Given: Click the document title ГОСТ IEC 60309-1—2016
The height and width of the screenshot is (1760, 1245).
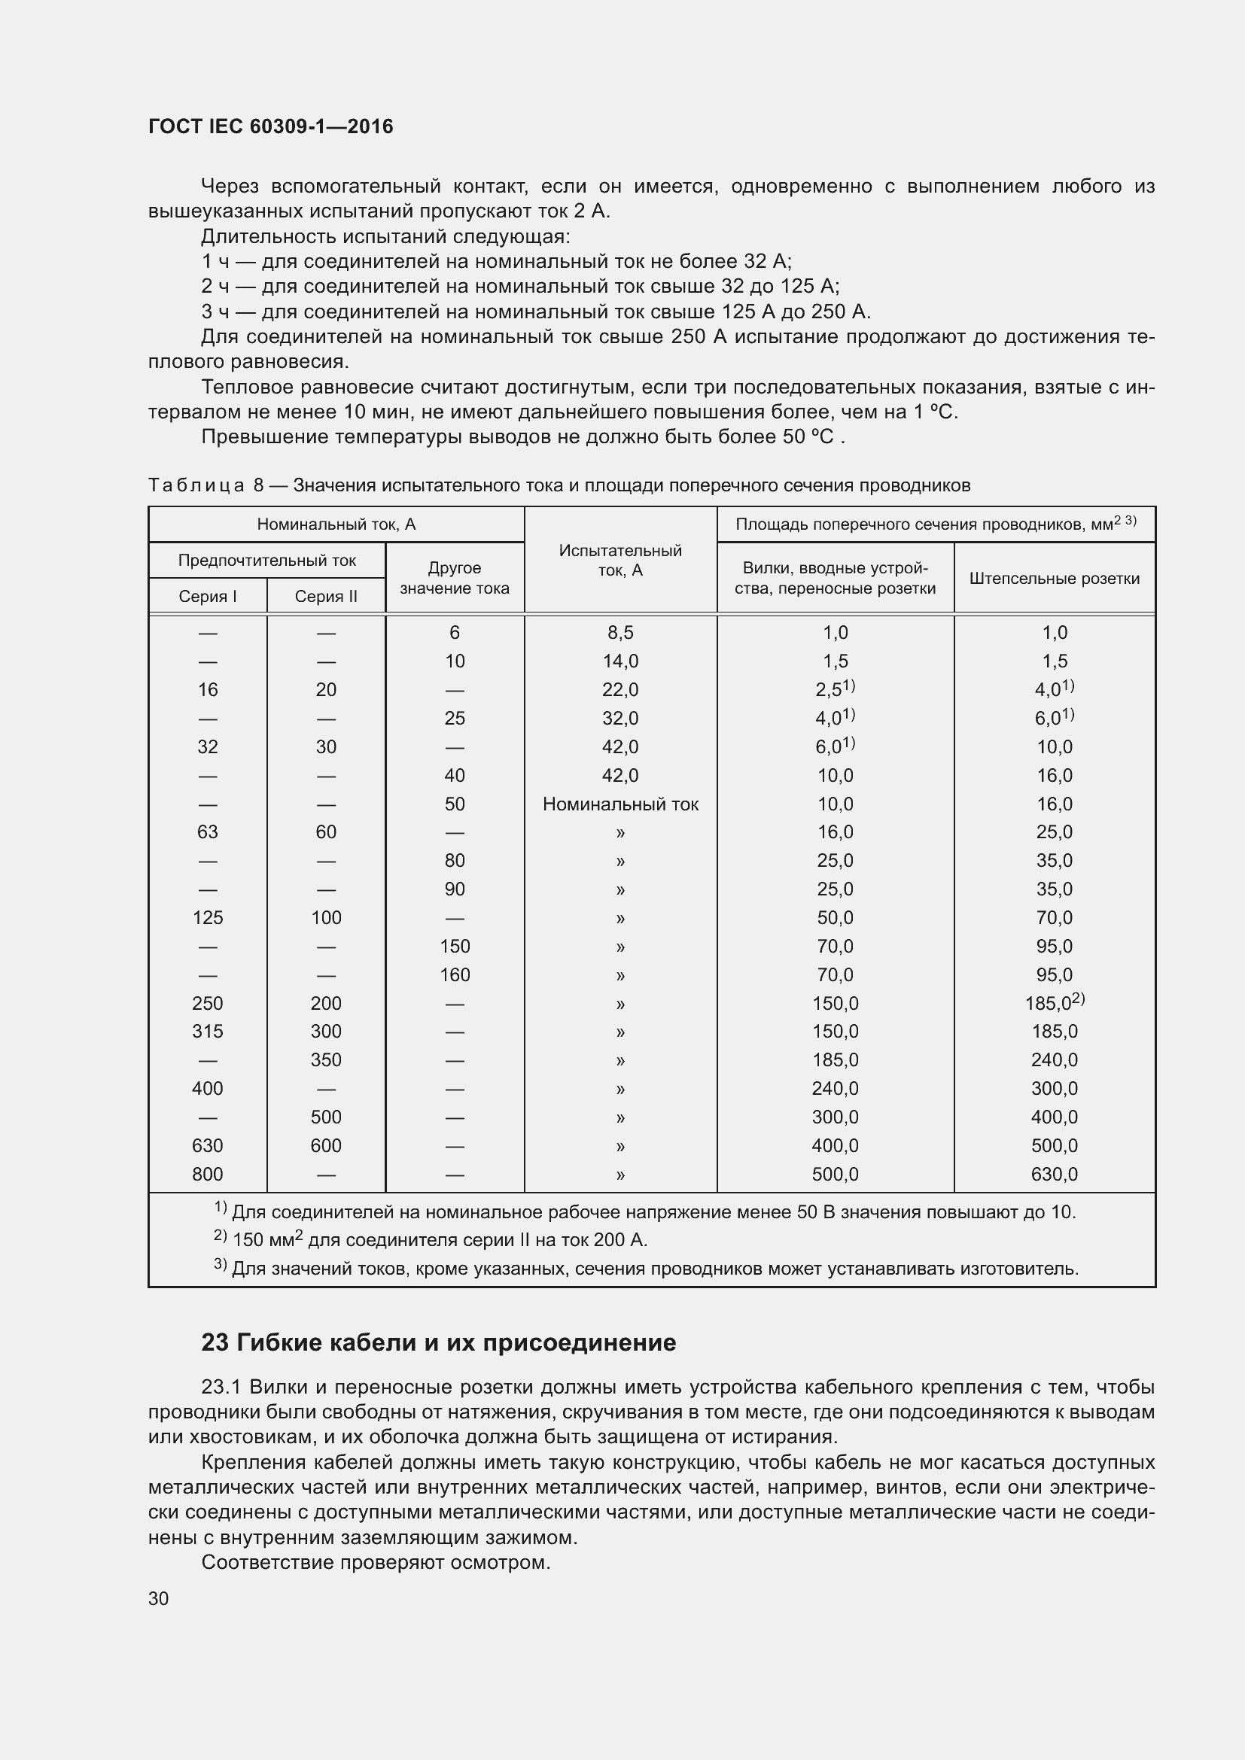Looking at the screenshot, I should point(271,126).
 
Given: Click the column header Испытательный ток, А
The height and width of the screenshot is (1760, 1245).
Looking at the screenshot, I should point(620,561).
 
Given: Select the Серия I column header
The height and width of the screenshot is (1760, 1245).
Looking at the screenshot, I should point(207,597).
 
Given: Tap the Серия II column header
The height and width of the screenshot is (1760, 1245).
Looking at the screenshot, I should point(326,597).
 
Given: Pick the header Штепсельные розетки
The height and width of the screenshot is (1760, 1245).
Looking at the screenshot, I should point(1054,579).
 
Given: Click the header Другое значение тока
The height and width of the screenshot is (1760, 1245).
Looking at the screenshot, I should point(455,578).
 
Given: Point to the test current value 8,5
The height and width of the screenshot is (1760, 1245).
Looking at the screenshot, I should point(620,632).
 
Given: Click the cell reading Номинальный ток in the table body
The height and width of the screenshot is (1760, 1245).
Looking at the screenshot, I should point(620,804).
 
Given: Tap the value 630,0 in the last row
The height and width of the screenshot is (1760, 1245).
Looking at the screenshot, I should point(1054,1175).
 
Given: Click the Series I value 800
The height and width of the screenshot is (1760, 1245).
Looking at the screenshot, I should point(207,1175).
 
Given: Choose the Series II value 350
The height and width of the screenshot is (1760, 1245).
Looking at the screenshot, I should point(326,1060).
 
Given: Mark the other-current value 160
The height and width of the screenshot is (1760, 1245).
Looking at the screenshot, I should point(455,975).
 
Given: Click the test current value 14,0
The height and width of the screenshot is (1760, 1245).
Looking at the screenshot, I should point(620,661).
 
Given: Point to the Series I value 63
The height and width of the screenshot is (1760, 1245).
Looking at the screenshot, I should point(207,832).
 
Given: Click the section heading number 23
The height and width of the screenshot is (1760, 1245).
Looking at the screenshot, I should point(215,1343).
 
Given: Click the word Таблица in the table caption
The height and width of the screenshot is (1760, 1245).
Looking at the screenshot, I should point(196,485).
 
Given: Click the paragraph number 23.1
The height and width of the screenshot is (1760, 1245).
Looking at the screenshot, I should point(221,1388).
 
